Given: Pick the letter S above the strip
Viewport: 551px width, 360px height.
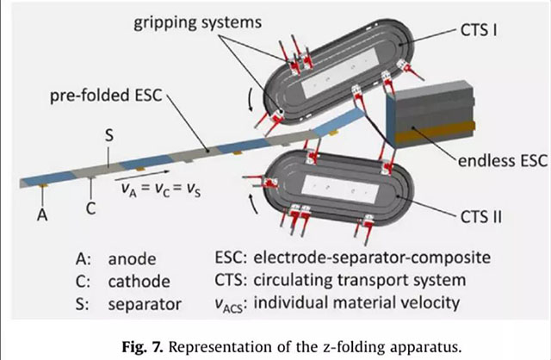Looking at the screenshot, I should coord(108,136).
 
